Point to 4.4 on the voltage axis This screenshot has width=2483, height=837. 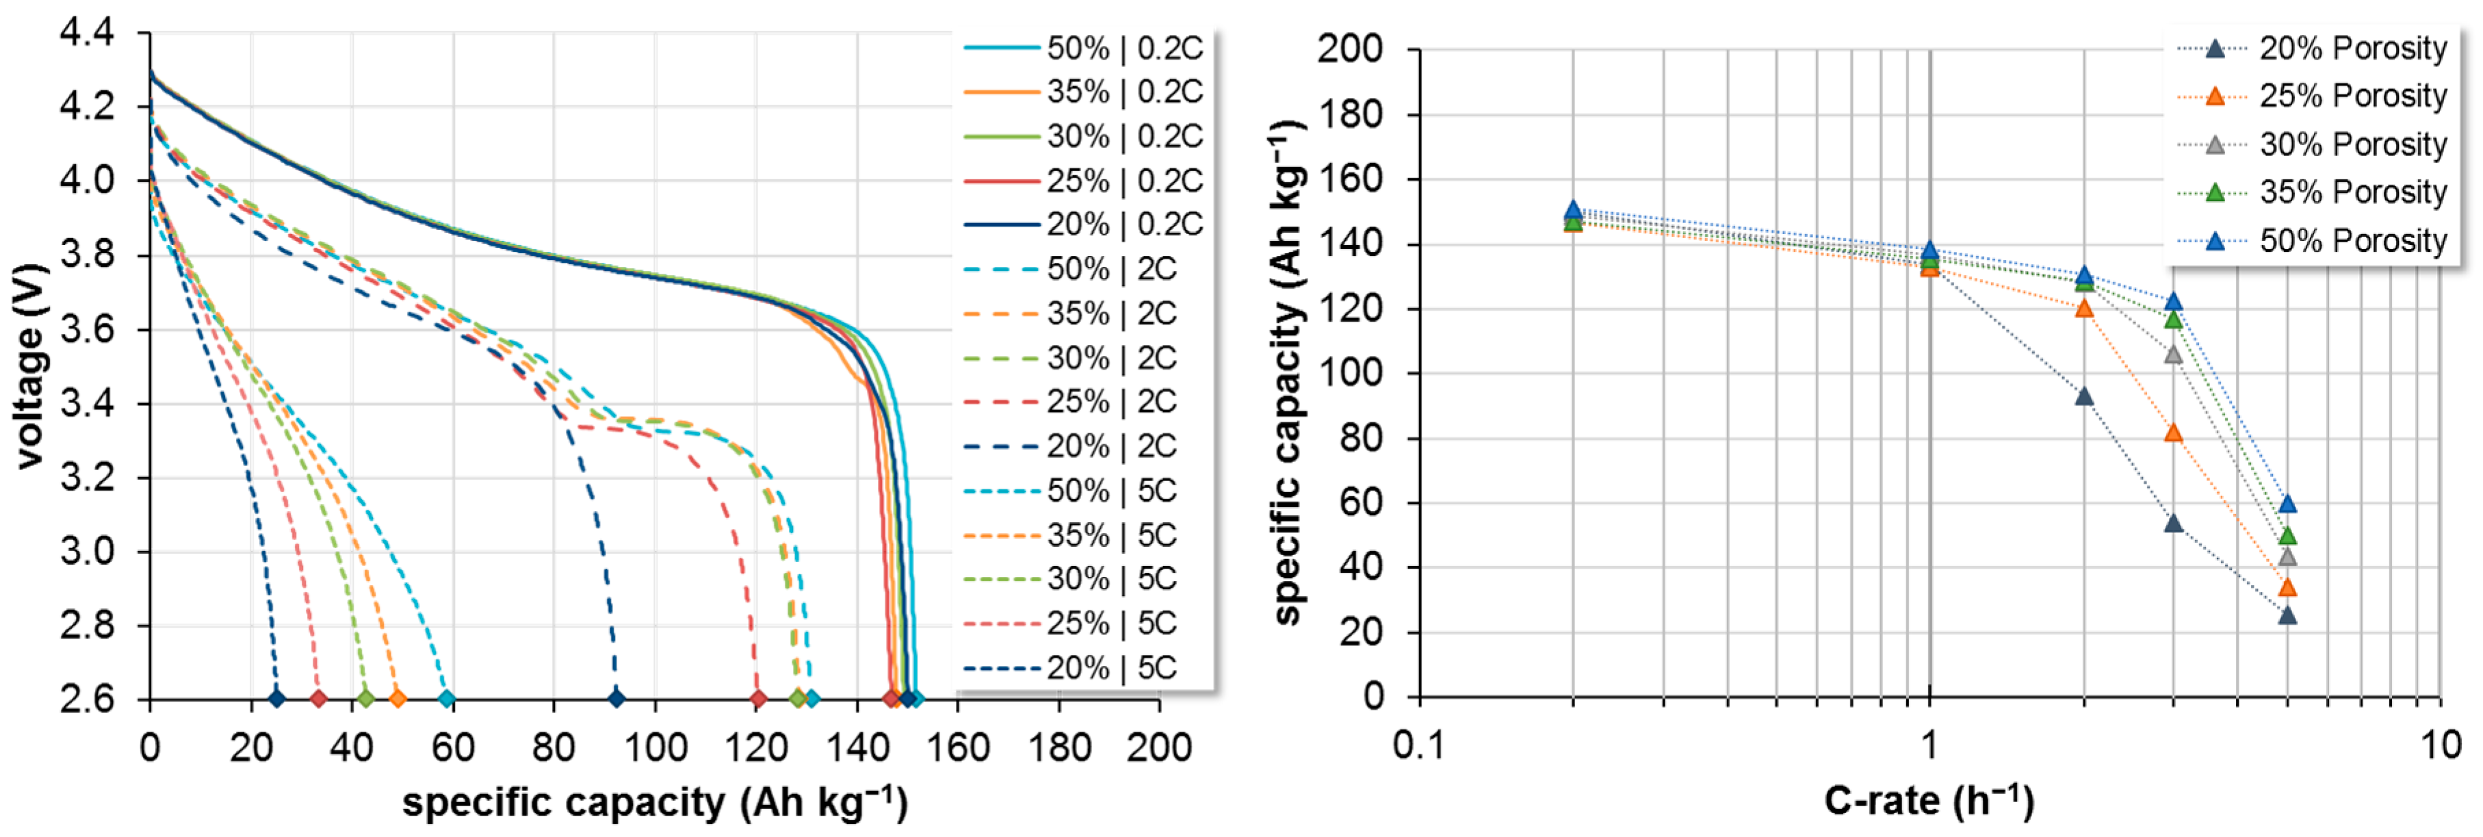tap(87, 33)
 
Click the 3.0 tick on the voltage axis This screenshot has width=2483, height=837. tap(87, 552)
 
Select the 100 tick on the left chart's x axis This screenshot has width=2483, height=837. tap(655, 747)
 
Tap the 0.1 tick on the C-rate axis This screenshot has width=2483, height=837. tap(1419, 745)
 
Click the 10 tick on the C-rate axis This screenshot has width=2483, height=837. tap(2440, 745)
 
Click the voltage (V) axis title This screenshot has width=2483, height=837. tap(31, 366)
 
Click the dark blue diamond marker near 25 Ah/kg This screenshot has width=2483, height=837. tap(276, 698)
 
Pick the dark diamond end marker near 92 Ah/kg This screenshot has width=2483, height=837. tap(616, 698)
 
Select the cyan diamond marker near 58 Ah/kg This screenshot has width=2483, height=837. tap(446, 698)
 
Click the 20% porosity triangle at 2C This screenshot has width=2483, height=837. tap(2084, 396)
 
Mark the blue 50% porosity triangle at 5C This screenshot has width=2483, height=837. tap(2287, 503)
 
